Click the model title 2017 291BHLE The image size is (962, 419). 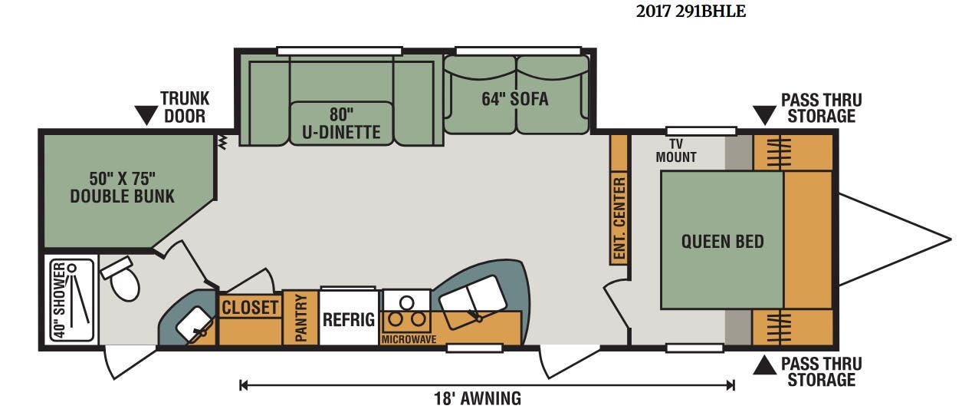[x=691, y=12]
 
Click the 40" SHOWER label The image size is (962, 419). [x=59, y=300]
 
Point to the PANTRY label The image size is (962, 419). [x=301, y=318]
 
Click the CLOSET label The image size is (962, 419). [x=250, y=308]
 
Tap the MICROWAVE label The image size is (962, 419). [x=409, y=339]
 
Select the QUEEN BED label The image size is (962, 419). [x=723, y=242]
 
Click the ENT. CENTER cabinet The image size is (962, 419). [x=619, y=200]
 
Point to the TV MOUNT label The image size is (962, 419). [x=676, y=150]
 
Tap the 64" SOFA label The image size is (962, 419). [x=515, y=99]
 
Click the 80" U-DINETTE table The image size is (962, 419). [x=341, y=124]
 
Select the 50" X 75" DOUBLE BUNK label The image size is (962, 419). [x=123, y=187]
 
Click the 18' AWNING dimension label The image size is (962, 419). [x=478, y=398]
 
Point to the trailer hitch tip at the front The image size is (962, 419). [x=951, y=239]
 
